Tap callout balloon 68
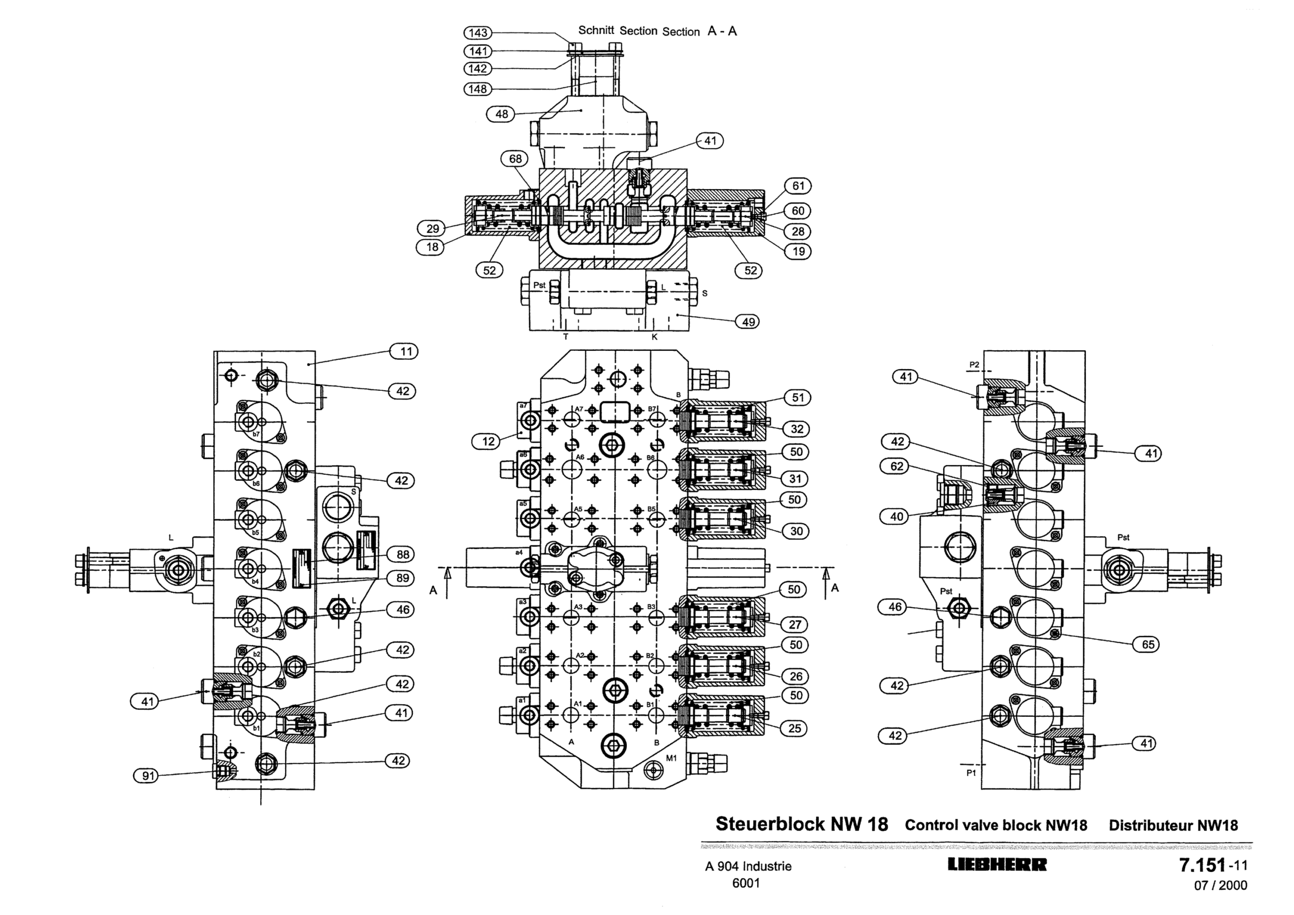[515, 159]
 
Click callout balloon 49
[748, 322]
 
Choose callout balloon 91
[147, 776]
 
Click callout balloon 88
[402, 554]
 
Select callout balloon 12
[488, 441]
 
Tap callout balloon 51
[798, 397]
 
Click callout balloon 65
[1147, 645]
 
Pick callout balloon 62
[896, 466]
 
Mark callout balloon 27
[795, 624]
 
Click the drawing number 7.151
[1203, 865]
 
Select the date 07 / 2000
[1220, 886]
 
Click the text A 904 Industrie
[748, 866]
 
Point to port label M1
[671, 758]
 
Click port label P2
[974, 365]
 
